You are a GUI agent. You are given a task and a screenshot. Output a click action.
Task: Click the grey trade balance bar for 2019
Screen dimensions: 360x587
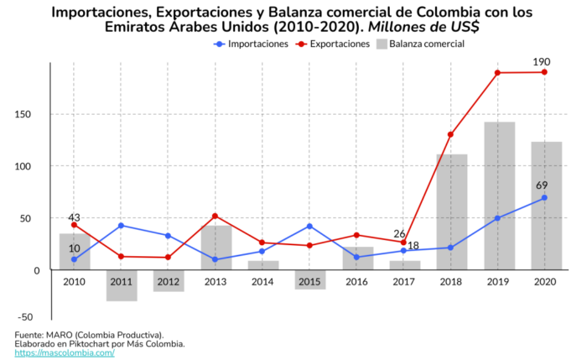498,196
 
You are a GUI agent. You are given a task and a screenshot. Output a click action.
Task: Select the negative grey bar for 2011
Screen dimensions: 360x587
122,285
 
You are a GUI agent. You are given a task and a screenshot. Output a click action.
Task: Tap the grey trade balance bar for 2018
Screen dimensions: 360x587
451,211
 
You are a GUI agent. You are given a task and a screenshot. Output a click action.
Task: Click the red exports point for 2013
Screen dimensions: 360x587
216,217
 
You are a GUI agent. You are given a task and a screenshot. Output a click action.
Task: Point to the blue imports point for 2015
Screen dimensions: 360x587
309,227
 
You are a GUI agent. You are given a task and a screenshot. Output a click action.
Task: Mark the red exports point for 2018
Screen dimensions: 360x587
451,134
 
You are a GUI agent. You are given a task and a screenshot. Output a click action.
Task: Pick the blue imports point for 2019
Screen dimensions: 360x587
498,218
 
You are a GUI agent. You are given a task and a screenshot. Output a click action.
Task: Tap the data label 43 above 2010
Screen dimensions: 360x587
74,217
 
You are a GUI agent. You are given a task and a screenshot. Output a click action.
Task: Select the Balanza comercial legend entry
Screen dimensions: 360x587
423,44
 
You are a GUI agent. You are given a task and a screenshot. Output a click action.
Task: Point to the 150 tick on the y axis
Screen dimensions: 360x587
31,114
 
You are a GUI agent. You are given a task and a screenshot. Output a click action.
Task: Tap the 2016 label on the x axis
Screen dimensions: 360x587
356,282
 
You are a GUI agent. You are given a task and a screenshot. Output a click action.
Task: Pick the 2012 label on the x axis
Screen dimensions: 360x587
169,282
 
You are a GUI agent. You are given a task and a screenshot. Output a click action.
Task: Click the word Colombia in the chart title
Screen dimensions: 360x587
382,12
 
